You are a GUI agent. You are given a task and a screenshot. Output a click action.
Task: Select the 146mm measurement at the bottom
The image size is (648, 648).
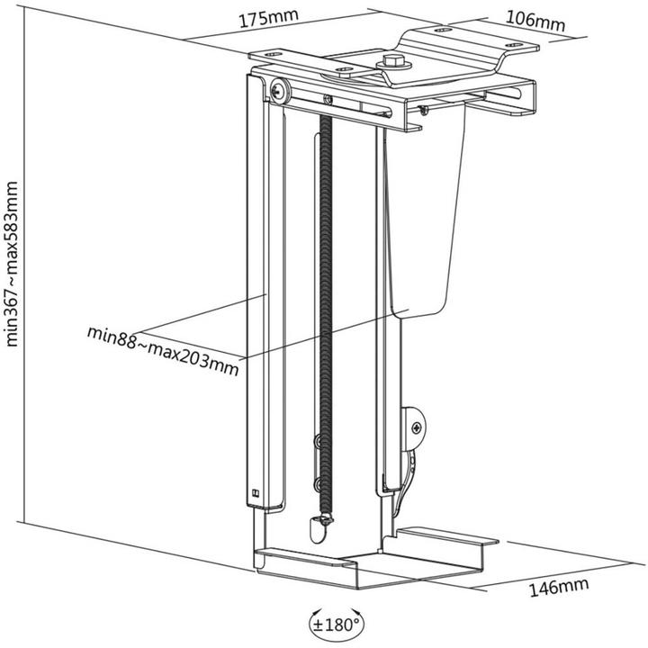click(x=557, y=587)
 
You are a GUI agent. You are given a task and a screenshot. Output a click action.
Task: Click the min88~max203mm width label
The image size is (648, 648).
click(x=163, y=347)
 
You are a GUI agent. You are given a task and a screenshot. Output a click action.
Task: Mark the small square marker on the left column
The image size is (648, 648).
click(x=256, y=492)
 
